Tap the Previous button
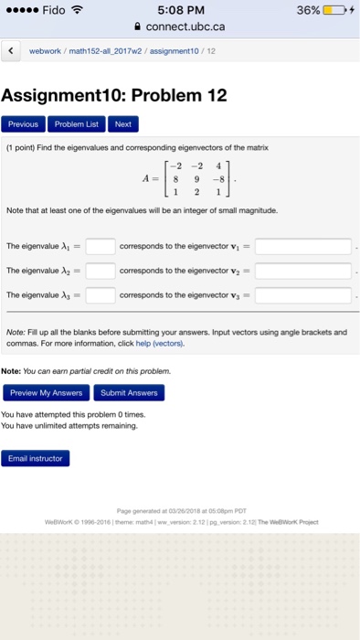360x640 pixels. (x=24, y=123)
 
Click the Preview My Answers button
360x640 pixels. (x=46, y=392)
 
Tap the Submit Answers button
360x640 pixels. (x=129, y=392)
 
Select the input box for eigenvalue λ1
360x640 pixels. (x=101, y=246)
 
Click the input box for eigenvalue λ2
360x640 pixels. (x=101, y=271)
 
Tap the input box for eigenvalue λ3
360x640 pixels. (x=101, y=295)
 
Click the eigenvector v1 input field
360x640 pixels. (x=303, y=246)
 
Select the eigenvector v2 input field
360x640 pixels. (x=303, y=271)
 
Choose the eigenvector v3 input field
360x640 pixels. (x=303, y=295)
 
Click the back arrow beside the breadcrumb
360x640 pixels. (x=10, y=51)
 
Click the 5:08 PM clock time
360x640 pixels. (x=179, y=11)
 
